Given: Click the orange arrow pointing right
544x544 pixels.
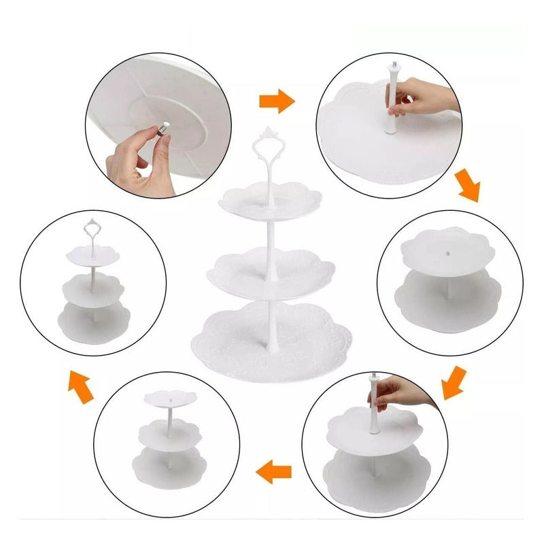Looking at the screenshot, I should [276, 103].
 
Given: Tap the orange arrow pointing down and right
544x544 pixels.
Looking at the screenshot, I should [468, 186].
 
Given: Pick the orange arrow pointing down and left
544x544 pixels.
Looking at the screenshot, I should [453, 382].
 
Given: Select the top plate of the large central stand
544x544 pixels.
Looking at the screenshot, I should [265, 201].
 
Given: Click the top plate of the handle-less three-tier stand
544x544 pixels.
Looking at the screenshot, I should [167, 397].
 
